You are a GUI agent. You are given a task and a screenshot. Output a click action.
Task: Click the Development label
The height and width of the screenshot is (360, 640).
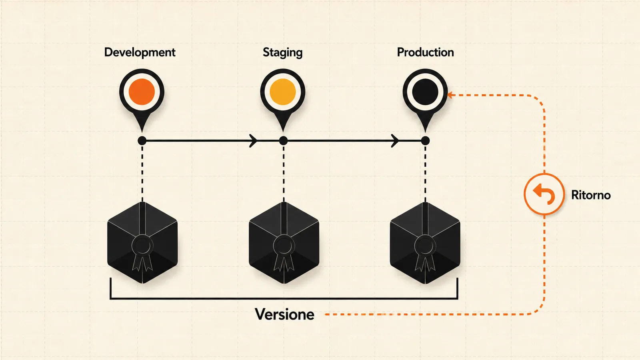tap(140, 52)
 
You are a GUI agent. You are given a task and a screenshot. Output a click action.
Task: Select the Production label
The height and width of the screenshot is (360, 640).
tap(426, 52)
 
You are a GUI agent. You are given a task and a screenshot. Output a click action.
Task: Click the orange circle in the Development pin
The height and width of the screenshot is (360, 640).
tap(142, 92)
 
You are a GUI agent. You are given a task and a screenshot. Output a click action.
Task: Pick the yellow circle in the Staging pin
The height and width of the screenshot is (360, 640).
tap(282, 92)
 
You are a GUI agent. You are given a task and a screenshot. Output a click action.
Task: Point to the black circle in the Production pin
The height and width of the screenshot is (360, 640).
tap(425, 92)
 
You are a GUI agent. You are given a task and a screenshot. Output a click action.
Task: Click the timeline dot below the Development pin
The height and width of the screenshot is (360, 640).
tap(142, 140)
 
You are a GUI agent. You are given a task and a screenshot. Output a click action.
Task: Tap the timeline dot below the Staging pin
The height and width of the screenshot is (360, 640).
tap(283, 140)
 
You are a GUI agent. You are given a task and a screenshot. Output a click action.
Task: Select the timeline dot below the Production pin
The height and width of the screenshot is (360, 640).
tap(425, 140)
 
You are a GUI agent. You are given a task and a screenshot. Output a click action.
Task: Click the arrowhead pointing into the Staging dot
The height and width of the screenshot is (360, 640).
tap(253, 140)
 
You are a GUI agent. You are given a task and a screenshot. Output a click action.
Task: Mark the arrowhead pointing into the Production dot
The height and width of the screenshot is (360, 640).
tap(395, 140)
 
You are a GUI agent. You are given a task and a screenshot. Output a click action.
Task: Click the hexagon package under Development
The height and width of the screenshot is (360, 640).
tap(142, 243)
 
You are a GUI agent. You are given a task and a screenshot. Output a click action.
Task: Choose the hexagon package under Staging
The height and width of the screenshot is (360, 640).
tap(284, 243)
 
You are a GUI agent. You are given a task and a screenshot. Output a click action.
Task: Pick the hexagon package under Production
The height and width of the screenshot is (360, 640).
tap(425, 243)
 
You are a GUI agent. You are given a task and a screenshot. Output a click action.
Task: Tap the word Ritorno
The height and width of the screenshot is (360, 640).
tap(591, 195)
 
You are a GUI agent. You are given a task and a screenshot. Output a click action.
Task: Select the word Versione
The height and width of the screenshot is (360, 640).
tap(284, 314)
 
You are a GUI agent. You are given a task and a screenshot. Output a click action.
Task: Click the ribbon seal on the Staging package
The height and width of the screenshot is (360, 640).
tap(284, 252)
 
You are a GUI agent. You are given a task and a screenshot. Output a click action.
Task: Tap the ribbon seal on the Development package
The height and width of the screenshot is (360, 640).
tap(142, 252)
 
